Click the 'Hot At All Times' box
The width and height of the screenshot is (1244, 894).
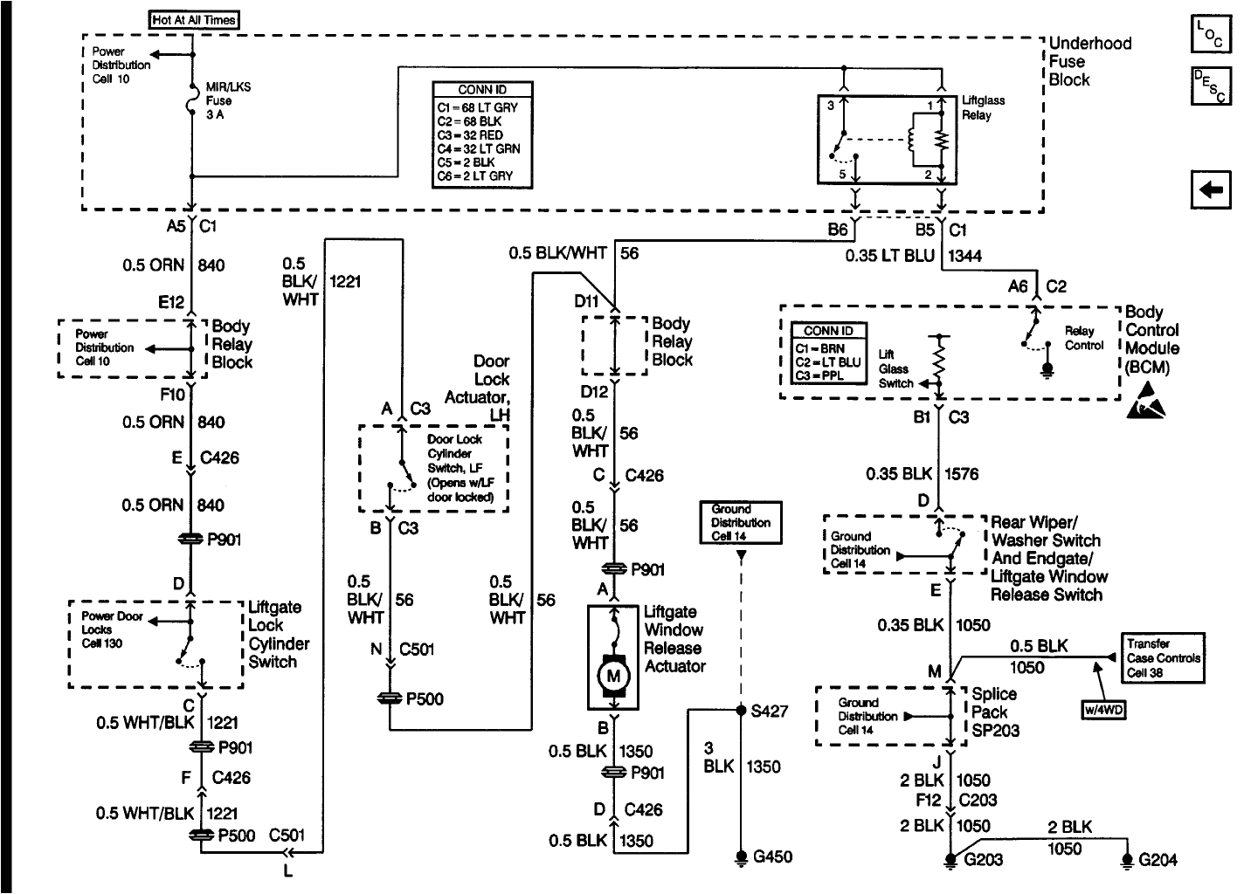click(194, 19)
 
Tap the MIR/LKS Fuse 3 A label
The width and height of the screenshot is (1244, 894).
click(228, 101)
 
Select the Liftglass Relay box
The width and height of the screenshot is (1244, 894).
click(887, 139)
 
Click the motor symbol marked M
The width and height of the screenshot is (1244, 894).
click(612, 675)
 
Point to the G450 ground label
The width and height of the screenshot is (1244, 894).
click(772, 856)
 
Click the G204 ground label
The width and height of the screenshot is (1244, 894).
click(1158, 860)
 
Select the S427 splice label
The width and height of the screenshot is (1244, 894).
click(769, 711)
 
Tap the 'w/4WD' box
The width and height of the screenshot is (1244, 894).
click(1103, 710)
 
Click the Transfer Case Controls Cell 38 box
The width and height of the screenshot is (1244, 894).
click(1164, 657)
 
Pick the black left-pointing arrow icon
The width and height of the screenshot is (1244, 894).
click(1210, 189)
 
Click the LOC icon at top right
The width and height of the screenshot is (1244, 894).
click(1210, 34)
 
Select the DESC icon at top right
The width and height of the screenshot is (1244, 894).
click(1210, 86)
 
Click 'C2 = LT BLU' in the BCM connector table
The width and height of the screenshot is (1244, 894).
click(827, 361)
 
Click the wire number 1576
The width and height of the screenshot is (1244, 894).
click(962, 474)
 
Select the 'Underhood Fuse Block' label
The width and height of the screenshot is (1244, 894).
click(1089, 61)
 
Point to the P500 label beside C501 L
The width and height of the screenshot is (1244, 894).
click(236, 836)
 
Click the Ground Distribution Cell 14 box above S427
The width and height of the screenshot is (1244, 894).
click(741, 522)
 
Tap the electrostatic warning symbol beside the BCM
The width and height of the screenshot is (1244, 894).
click(1145, 401)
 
